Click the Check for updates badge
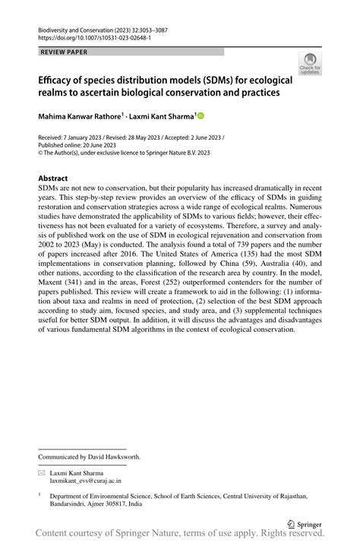coord(309,65)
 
